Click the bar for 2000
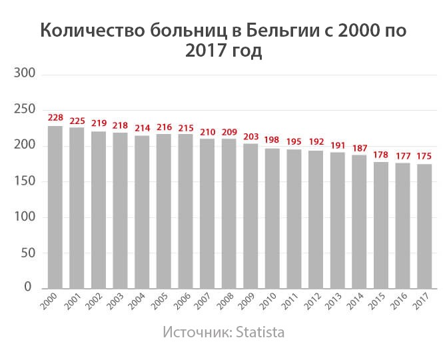[55, 207]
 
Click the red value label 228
[55, 118]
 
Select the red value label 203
[251, 136]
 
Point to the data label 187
[360, 147]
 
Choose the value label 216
[164, 127]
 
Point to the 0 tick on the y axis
[28, 288]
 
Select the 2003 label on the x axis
[117, 304]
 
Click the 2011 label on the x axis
[290, 304]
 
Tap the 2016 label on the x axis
[399, 304]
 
